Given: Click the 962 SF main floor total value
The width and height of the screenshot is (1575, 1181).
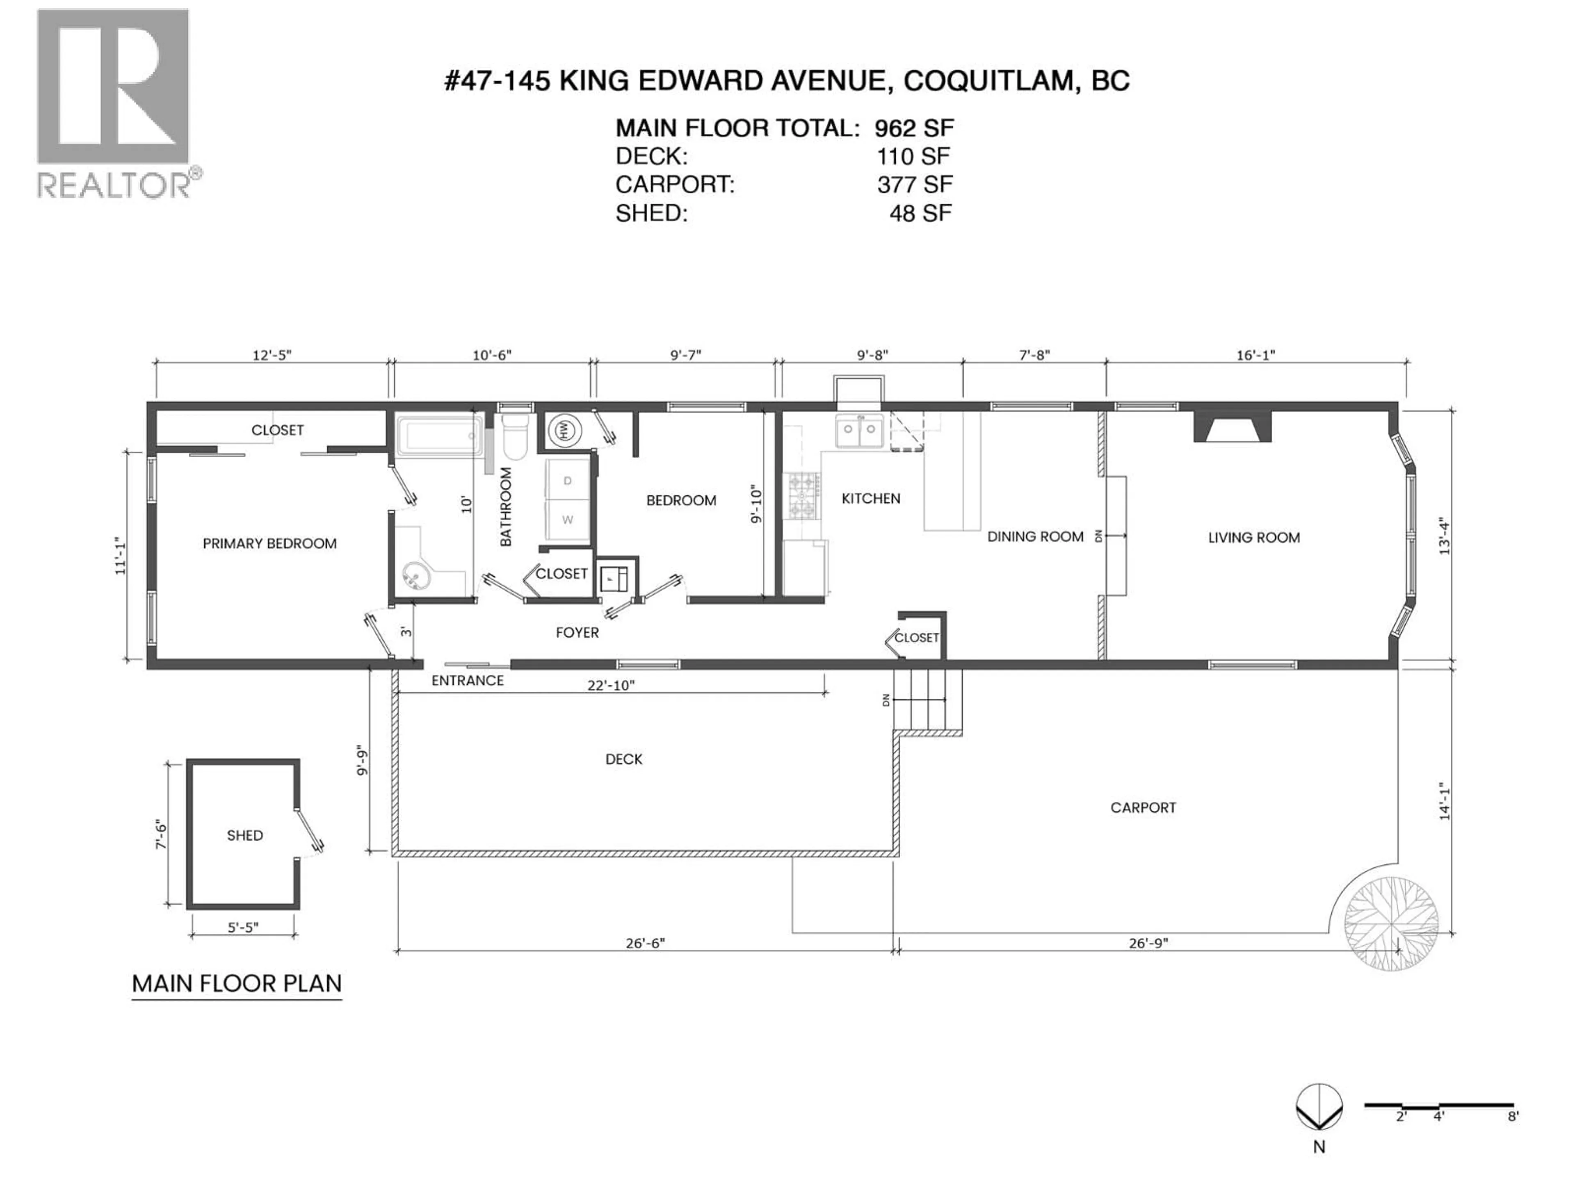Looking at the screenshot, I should point(914,128).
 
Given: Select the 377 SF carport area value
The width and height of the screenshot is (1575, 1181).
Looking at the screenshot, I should point(914,185).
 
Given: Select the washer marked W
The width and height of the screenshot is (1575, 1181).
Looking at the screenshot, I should point(568,520).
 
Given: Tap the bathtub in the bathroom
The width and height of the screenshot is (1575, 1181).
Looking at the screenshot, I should point(438,435).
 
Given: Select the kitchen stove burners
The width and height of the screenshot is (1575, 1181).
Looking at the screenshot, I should point(802,496).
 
